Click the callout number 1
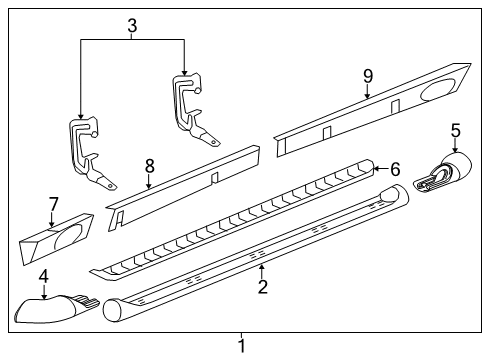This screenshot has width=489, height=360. pos(240,346)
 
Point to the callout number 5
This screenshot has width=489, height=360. pos(455,129)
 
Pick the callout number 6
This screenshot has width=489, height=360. pos(394,170)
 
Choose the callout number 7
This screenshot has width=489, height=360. pos(53,204)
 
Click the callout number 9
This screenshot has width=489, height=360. pos(367,75)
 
